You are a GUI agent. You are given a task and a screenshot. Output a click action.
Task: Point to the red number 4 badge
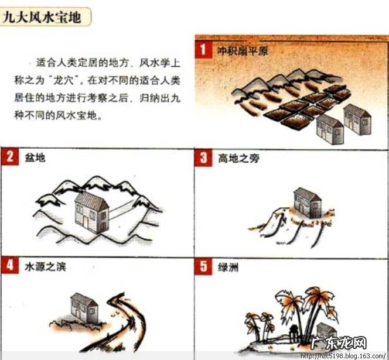coord(9,266)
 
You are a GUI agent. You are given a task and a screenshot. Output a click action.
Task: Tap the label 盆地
coord(35,157)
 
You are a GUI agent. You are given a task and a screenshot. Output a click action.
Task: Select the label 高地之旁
coord(238,157)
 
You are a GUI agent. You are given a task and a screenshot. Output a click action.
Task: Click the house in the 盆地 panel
coord(91,212)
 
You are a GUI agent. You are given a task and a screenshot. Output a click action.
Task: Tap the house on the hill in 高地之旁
coord(307,203)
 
